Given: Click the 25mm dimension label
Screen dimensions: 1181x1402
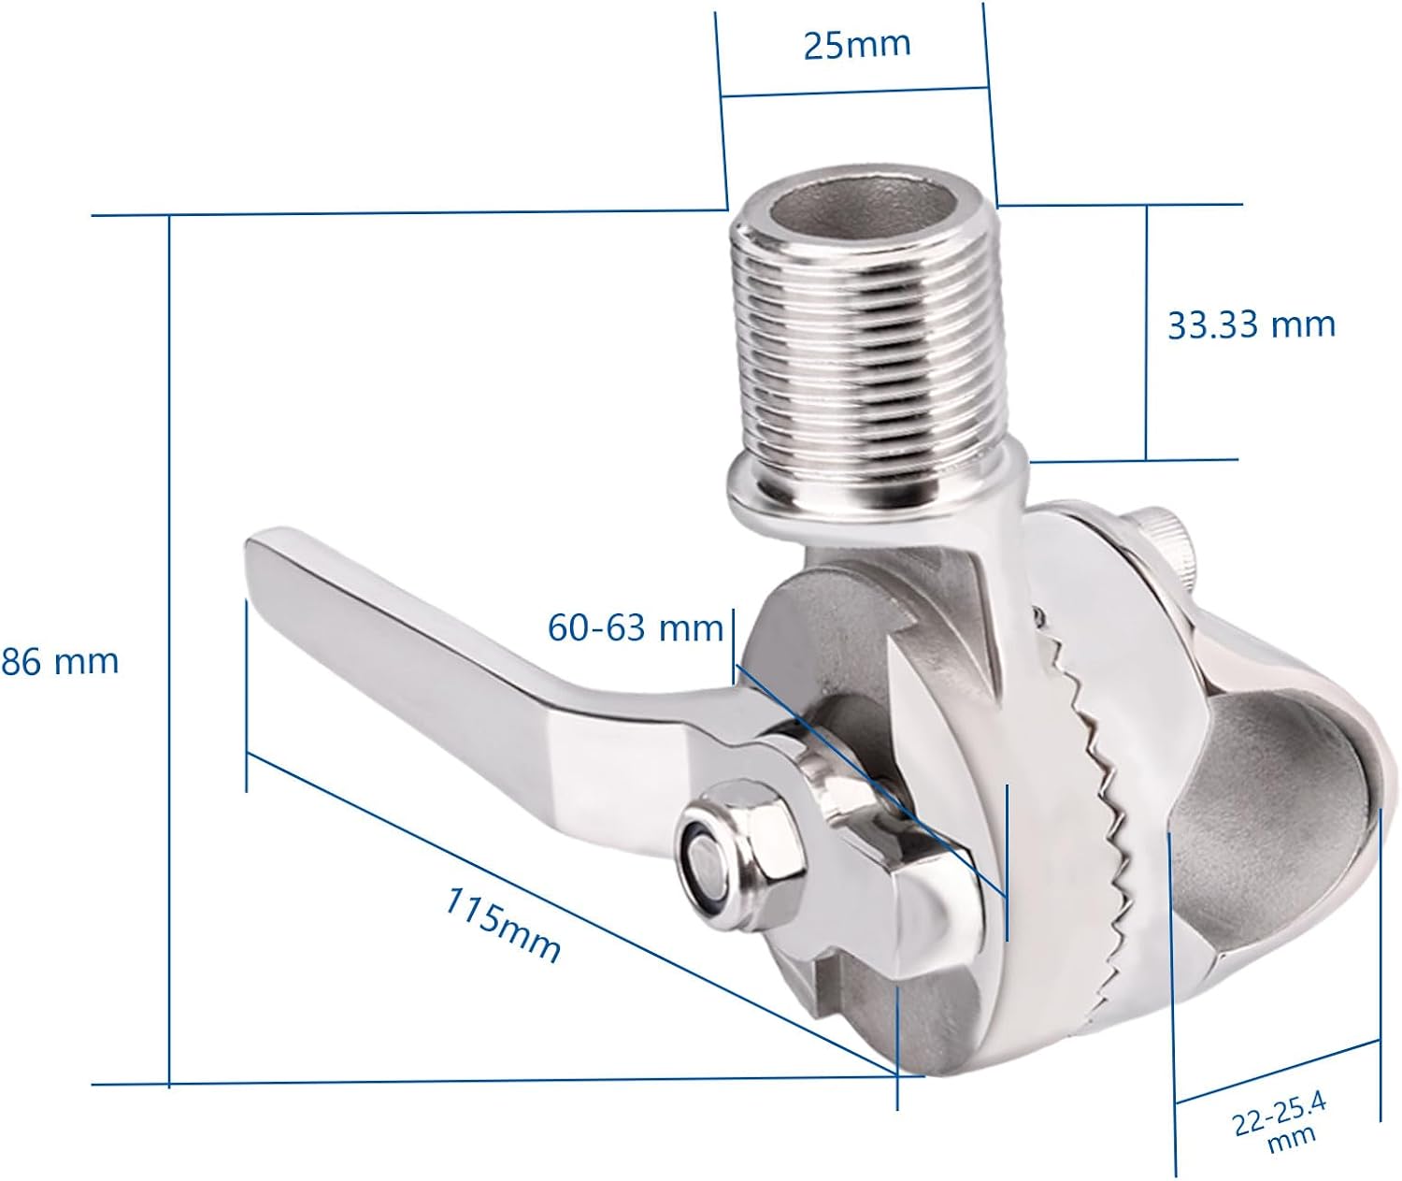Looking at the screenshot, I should click(856, 44).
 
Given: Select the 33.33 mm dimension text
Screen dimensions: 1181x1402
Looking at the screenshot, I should click(1251, 324).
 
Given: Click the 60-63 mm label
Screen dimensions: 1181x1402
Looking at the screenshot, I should click(636, 627).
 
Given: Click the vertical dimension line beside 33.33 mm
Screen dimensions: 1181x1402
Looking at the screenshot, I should click(1147, 332).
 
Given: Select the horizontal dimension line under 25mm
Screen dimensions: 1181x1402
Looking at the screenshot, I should click(854, 92).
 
